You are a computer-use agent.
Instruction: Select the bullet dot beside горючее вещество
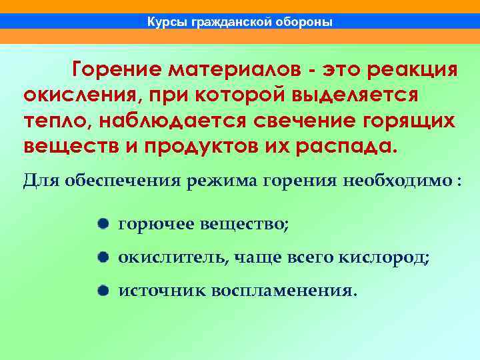pyautogui.click(x=101, y=225)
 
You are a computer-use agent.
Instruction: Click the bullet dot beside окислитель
pyautogui.click(x=101, y=257)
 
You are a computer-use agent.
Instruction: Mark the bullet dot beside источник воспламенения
pyautogui.click(x=101, y=290)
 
